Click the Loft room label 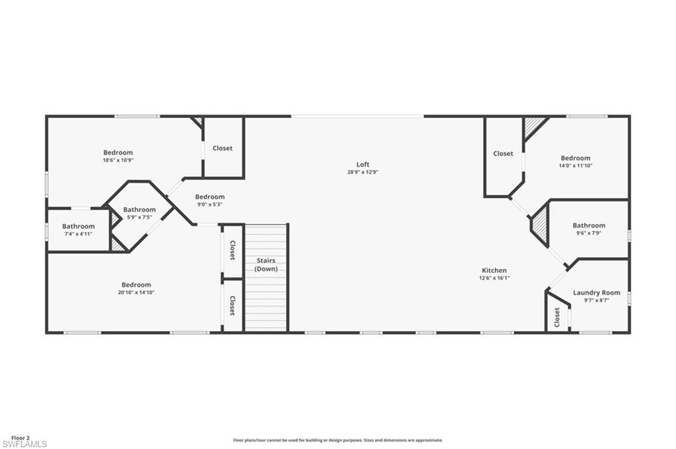click(362, 164)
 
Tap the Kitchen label click(494, 270)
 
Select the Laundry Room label click(596, 293)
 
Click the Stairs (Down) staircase click(266, 277)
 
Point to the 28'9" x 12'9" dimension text click(362, 172)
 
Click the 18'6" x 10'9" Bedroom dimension click(118, 160)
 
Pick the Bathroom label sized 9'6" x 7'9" click(589, 225)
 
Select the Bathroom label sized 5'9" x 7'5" click(139, 210)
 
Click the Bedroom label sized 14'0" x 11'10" click(576, 158)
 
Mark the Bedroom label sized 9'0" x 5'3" click(209, 196)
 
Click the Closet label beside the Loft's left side click(222, 148)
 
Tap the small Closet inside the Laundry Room click(557, 317)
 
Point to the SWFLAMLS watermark click(24, 444)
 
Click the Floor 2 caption click(20, 437)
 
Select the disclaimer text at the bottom click(337, 440)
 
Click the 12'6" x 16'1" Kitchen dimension click(494, 278)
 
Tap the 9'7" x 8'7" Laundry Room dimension click(596, 301)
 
